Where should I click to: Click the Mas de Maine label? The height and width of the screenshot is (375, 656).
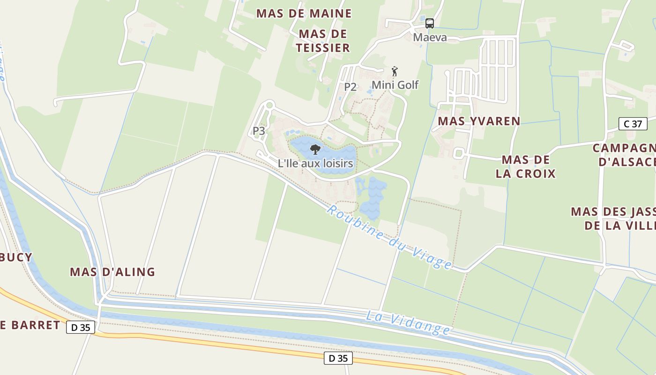[304, 14]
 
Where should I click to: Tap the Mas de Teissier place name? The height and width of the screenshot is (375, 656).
[323, 41]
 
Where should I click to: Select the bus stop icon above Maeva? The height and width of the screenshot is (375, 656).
[430, 23]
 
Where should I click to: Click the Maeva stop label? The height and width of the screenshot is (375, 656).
[430, 37]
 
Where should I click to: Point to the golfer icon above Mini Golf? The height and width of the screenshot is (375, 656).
[395, 72]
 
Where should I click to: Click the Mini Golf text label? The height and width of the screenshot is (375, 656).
[395, 85]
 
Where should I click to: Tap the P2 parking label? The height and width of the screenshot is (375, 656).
[350, 87]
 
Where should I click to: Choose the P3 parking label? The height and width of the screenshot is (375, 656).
[259, 131]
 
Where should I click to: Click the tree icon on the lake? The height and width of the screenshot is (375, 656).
[315, 150]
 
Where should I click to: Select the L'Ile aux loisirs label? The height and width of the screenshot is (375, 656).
[315, 164]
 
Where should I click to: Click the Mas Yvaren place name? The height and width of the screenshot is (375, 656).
[479, 121]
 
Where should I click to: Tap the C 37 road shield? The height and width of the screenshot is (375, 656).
[633, 124]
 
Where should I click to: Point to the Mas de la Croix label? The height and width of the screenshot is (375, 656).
[525, 166]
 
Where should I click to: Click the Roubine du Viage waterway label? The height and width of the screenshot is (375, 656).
[389, 237]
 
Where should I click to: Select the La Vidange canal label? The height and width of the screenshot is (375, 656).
[408, 323]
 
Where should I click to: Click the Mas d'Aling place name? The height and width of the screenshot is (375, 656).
[112, 272]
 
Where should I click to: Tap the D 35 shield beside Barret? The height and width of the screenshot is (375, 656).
[81, 327]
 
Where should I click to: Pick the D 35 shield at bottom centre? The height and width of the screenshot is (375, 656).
[338, 359]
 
